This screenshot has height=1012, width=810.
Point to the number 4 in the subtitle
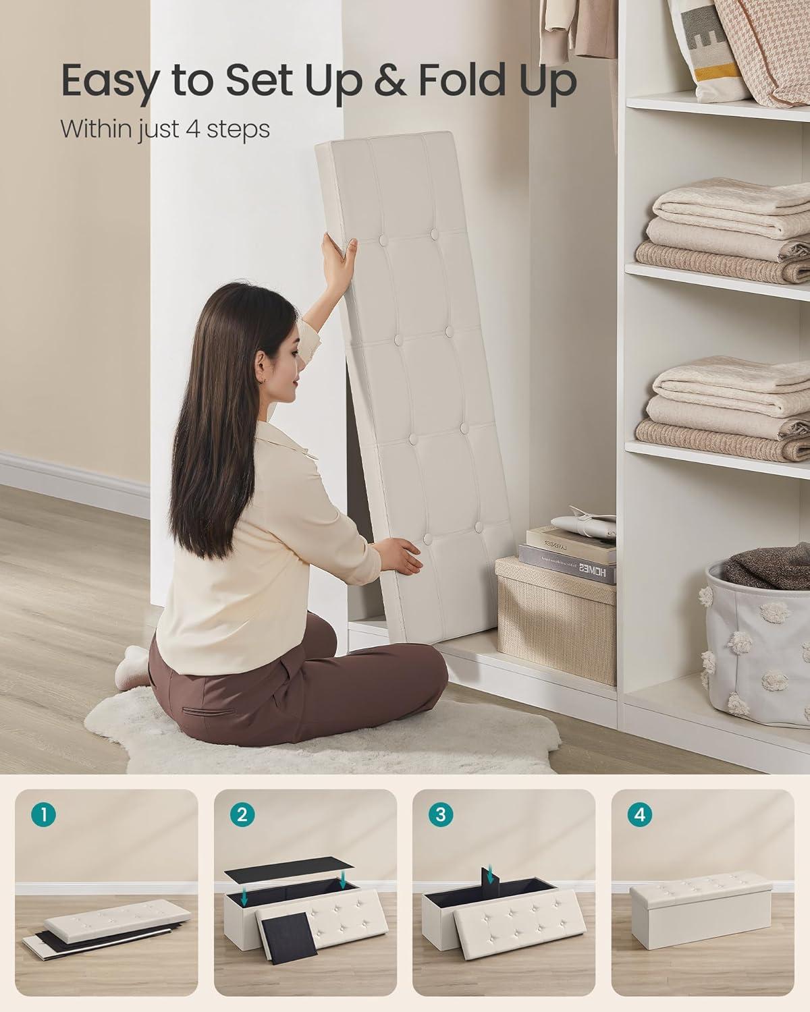point(192,129)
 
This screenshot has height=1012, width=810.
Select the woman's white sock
point(132,667)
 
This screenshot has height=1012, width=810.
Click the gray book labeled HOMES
point(567,564)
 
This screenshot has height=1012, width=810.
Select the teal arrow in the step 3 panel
point(491,874)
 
